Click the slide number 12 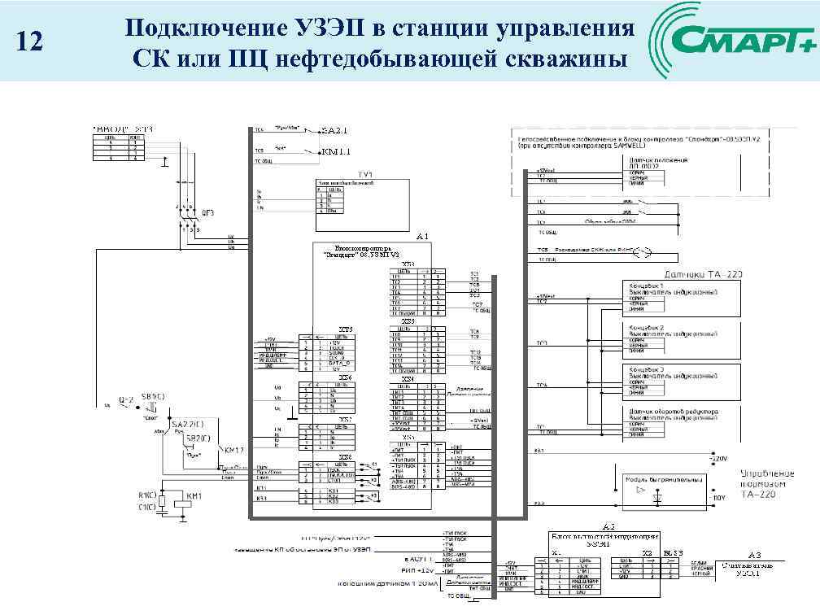(x=29, y=41)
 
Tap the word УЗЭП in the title (x=325, y=29)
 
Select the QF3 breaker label (x=207, y=212)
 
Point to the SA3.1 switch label (x=334, y=130)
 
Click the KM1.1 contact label (x=335, y=151)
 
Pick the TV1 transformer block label (x=364, y=176)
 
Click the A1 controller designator (x=421, y=236)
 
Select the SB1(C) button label (x=153, y=396)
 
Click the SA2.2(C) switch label (x=188, y=425)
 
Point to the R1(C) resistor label (x=147, y=495)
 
